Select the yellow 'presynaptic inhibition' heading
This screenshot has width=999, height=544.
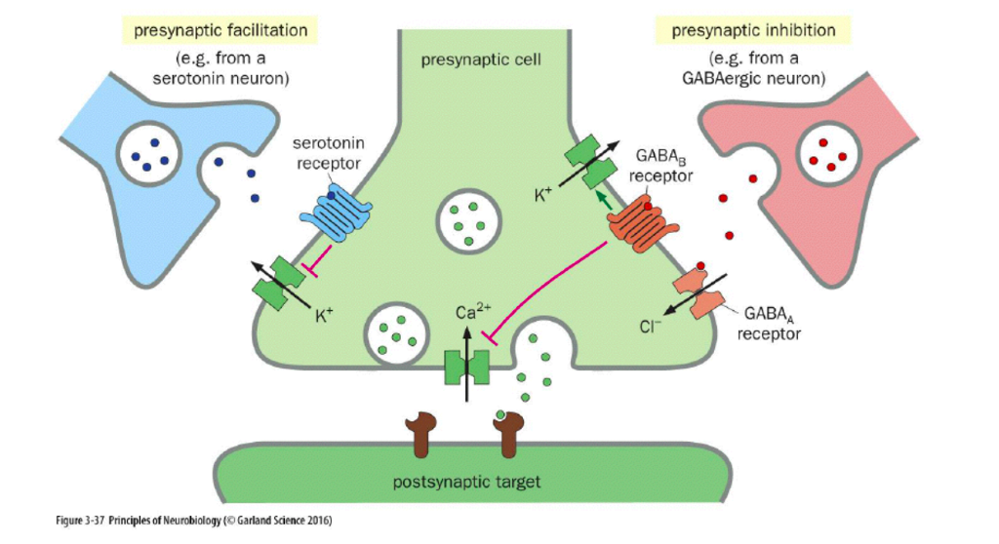(753, 30)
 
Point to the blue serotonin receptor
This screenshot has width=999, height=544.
(337, 213)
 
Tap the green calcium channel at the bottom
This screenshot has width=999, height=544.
(465, 369)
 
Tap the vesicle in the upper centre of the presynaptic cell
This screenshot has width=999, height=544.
(465, 219)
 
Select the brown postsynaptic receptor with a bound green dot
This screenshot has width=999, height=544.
(509, 434)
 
